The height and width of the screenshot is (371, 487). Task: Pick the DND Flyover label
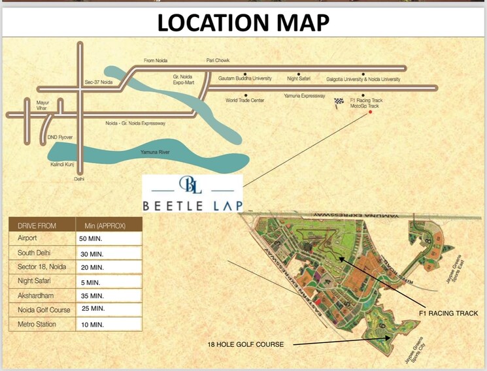pyautogui.click(x=60, y=137)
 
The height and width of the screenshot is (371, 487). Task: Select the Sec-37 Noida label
pyautogui.click(x=99, y=82)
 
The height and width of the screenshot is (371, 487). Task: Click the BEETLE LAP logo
pyautogui.click(x=193, y=193)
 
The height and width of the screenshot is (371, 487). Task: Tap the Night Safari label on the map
pyautogui.click(x=299, y=79)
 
